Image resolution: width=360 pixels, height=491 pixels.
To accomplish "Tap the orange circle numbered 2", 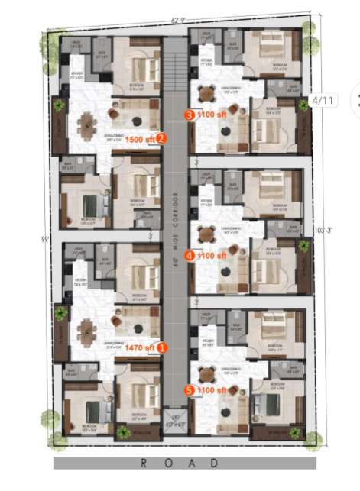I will coord(161,139).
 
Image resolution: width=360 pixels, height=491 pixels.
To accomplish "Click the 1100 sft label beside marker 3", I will coord(212,115).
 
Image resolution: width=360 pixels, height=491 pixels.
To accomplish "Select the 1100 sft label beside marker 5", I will coord(212,389).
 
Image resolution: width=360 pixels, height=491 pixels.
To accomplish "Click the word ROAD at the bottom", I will coord(180,463).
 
